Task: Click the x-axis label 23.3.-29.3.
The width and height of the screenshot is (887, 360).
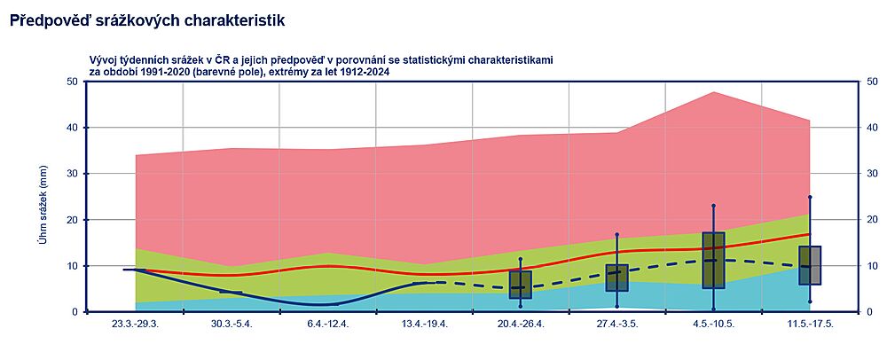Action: (x=135, y=324)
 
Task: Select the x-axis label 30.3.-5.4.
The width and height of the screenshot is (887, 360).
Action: (x=232, y=324)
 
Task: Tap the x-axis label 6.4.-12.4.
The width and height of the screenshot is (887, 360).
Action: (x=328, y=324)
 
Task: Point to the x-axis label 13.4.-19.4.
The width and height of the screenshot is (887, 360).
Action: (x=425, y=324)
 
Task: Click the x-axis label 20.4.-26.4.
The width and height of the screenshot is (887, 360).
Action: (x=521, y=324)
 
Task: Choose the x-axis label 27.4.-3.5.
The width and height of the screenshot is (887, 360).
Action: (x=617, y=324)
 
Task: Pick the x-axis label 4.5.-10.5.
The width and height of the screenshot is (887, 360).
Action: (x=714, y=324)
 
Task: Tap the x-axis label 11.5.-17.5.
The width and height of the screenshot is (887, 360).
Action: (x=811, y=324)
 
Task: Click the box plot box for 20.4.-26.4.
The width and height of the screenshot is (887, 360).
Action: (x=521, y=285)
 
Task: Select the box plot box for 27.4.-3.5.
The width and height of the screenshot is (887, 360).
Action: (x=617, y=278)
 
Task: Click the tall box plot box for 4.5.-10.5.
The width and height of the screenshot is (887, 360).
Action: (x=714, y=260)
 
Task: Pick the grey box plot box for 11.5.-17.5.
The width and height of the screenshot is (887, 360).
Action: (x=810, y=265)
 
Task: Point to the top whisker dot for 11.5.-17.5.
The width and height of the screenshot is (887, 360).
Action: (x=810, y=197)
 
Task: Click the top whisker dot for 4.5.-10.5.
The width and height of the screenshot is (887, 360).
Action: (x=714, y=206)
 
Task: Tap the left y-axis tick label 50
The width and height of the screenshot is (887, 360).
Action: (x=73, y=82)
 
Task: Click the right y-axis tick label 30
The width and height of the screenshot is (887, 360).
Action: (x=872, y=174)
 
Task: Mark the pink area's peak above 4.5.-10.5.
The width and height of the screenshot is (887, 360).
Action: (x=714, y=92)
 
